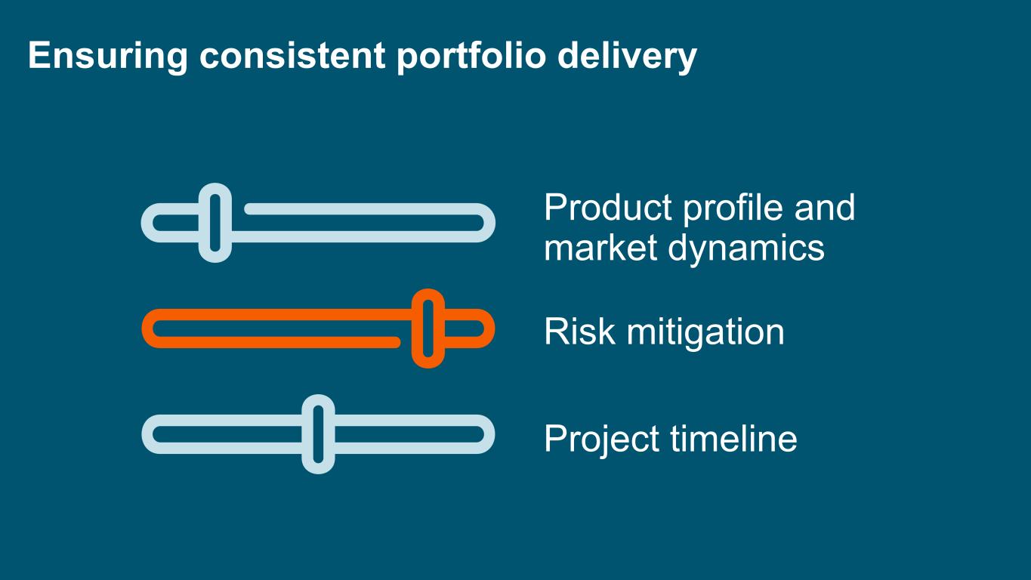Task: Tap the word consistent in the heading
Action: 292,56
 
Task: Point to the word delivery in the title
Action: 627,56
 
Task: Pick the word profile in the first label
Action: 733,208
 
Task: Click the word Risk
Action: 580,331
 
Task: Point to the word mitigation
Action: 705,332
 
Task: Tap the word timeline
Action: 733,438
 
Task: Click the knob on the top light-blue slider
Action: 215,223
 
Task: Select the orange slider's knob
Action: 428,329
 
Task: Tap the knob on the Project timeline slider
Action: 318,434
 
